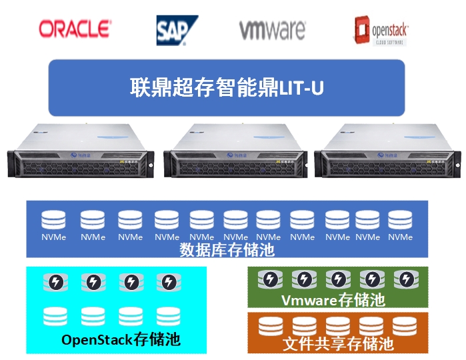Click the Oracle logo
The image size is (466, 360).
coord(74,28)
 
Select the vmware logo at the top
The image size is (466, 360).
coord(272,30)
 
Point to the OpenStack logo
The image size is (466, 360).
coord(382,30)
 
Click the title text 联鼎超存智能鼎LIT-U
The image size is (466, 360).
coord(227,87)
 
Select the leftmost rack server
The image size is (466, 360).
coord(79,153)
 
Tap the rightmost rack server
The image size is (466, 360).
coord(388,153)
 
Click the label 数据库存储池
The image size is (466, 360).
coord(227,250)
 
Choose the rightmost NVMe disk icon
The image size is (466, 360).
coord(400,221)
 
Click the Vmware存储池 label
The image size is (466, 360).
coord(333,300)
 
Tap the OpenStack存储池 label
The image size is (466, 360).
coord(121,339)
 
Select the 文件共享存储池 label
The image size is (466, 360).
coord(337,344)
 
